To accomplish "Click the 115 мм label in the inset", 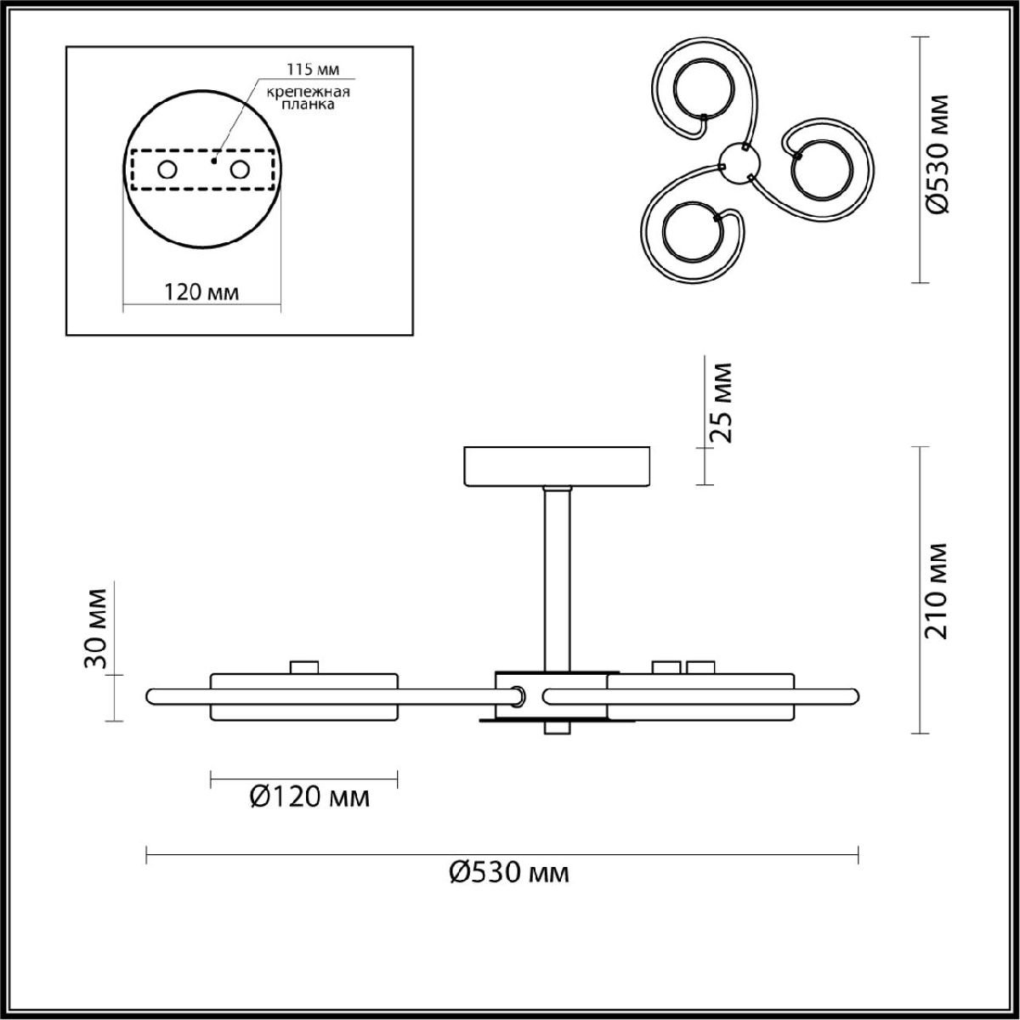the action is pyautogui.click(x=313, y=70).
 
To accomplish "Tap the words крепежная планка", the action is pyautogui.click(x=308, y=98).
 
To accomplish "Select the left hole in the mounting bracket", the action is pyautogui.click(x=167, y=170).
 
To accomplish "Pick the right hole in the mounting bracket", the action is pyautogui.click(x=239, y=170).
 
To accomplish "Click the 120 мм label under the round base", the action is pyautogui.click(x=201, y=292).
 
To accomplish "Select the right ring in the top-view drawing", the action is pyautogui.click(x=821, y=170).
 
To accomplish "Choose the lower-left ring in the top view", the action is pyautogui.click(x=693, y=231).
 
